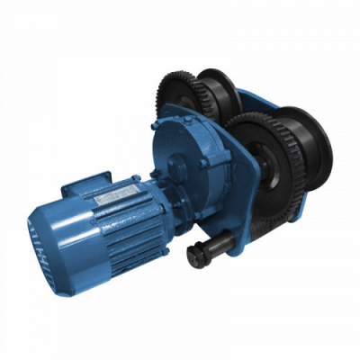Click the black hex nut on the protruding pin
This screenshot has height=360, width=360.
tap(195, 256)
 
